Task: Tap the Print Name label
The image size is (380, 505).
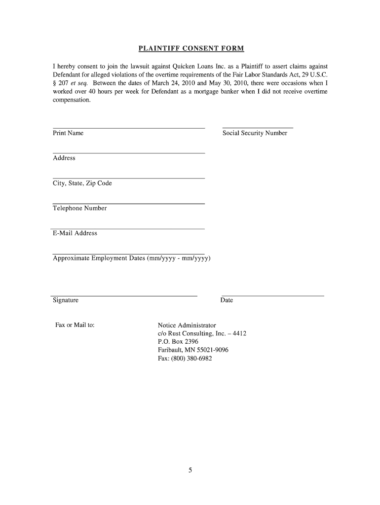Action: tap(68, 133)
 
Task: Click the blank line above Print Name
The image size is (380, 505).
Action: tap(129, 128)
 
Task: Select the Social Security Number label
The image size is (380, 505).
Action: tap(255, 133)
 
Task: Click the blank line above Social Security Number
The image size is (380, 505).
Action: tap(258, 128)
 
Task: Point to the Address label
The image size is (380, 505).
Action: tap(64, 158)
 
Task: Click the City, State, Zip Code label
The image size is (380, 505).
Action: tap(82, 183)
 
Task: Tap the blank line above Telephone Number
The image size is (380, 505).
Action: tap(129, 203)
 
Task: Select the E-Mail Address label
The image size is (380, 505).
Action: tap(75, 233)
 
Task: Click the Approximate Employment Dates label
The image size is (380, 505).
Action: tap(132, 258)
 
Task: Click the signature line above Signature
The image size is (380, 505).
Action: tap(125, 296)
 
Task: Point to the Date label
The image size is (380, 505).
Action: tap(227, 300)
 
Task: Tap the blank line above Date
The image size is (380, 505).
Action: tap(272, 296)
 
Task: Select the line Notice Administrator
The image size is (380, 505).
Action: tap(187, 325)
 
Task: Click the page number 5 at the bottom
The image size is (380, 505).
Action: tap(190, 470)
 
